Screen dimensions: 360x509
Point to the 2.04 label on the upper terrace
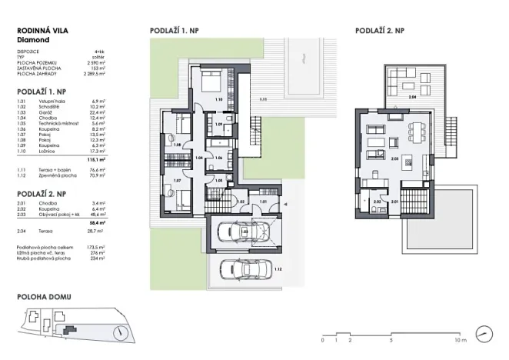(x=412, y=98)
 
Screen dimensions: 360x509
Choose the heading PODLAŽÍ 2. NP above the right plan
(x=380, y=31)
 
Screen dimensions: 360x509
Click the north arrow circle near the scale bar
(x=484, y=333)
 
